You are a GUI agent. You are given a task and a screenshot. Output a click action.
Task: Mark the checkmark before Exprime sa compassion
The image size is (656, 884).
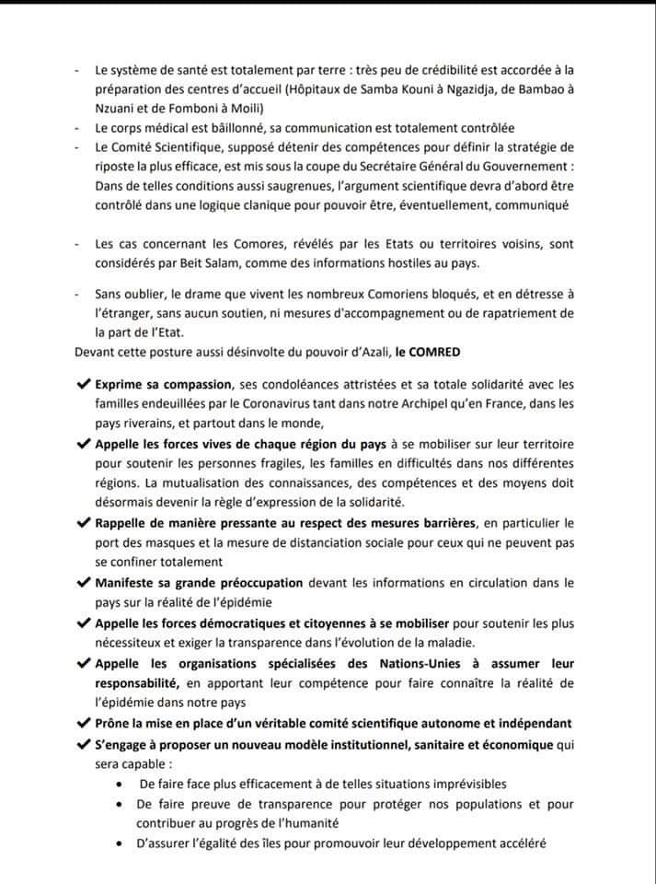85,383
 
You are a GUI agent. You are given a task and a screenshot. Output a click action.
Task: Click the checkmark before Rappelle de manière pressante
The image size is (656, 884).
85,523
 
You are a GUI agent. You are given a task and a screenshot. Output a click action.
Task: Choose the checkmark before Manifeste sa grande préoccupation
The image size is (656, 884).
85,582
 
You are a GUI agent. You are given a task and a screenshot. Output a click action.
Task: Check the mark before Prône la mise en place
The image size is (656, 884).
85,723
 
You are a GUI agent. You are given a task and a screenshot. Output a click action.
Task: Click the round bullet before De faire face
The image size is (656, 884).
122,784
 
